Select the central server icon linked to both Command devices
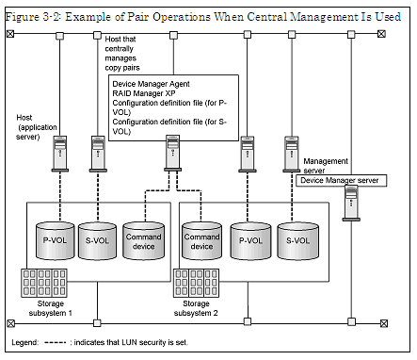[172, 152]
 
